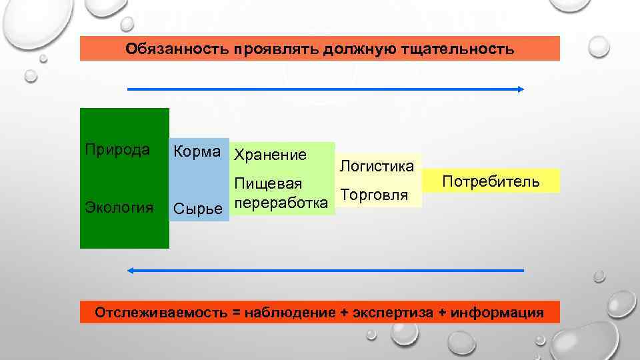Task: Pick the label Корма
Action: (x=197, y=153)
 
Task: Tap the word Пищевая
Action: (x=268, y=183)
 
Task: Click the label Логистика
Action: (x=377, y=165)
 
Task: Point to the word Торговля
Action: (x=373, y=195)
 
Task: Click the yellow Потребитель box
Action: (x=491, y=181)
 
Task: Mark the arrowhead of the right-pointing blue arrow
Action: (x=521, y=89)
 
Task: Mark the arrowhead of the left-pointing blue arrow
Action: (x=131, y=270)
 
